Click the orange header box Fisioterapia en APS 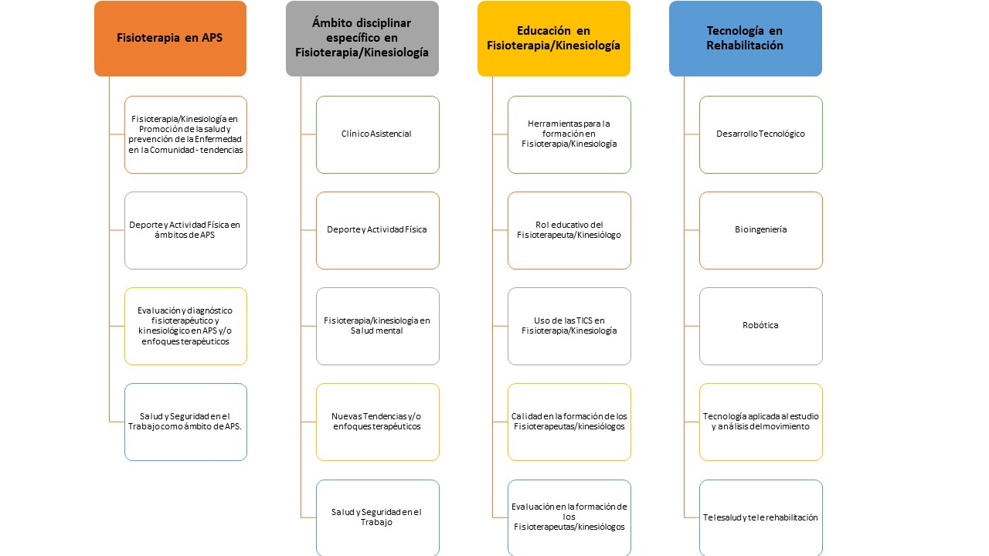click(x=171, y=39)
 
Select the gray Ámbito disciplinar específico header click(x=362, y=39)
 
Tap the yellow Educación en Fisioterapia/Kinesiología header click(x=554, y=39)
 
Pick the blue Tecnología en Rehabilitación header click(x=746, y=39)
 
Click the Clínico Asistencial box click(x=378, y=134)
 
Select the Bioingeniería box click(x=761, y=230)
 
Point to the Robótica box click(x=761, y=326)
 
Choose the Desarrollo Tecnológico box click(x=761, y=134)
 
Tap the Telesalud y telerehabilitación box click(x=761, y=517)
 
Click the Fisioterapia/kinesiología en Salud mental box click(x=378, y=326)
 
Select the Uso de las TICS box click(x=569, y=326)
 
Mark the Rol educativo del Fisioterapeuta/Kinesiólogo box click(x=569, y=230)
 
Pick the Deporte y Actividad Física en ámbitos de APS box click(x=185, y=230)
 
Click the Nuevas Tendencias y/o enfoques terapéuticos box click(x=378, y=422)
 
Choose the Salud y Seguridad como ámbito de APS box click(x=185, y=422)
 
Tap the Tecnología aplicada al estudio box click(x=761, y=422)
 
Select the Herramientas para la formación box click(x=569, y=134)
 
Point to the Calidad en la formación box click(x=569, y=422)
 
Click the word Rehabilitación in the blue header click(x=744, y=46)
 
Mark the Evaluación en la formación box click(x=569, y=517)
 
